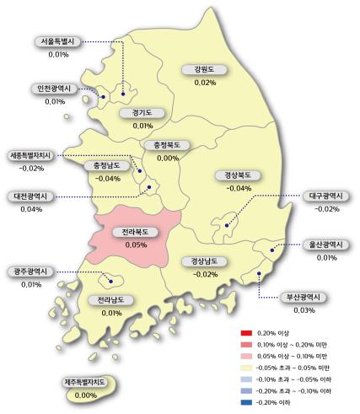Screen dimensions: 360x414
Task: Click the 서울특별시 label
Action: pyautogui.click(x=58, y=41)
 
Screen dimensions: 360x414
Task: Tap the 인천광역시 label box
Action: pyautogui.click(x=57, y=89)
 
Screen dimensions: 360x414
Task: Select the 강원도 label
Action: pyautogui.click(x=204, y=70)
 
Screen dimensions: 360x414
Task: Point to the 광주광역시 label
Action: pyautogui.click(x=32, y=272)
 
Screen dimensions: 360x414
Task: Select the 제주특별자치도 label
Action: pyautogui.click(x=85, y=383)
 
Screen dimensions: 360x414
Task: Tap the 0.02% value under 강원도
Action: pyautogui.click(x=205, y=83)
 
